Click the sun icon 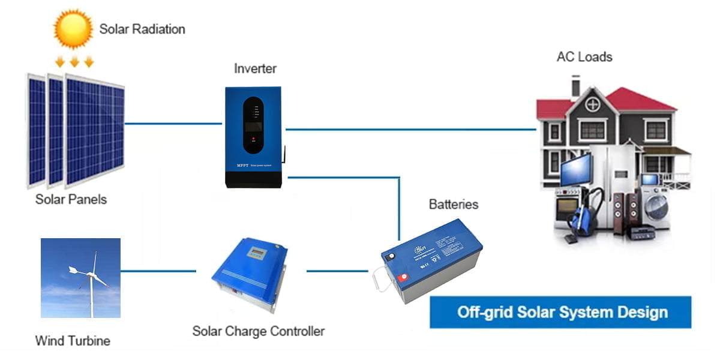[x=73, y=28]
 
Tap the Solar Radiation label [x=142, y=29]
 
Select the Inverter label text [x=255, y=68]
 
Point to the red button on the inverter [x=254, y=140]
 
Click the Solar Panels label [x=71, y=199]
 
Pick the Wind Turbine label [x=73, y=341]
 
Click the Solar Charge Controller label [x=258, y=331]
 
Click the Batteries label [x=453, y=204]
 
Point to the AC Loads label [x=584, y=57]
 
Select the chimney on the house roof [x=575, y=86]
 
